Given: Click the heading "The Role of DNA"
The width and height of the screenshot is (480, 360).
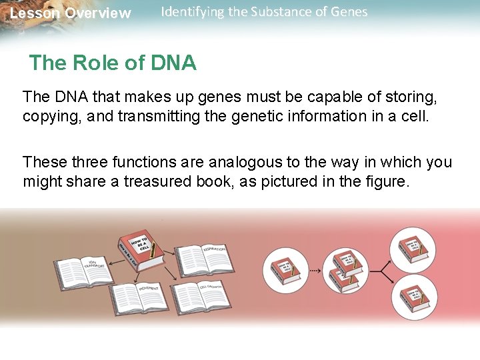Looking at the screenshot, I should [113, 63].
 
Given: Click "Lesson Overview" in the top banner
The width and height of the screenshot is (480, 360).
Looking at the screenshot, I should [71, 13].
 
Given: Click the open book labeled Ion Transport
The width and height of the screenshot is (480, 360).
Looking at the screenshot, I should [84, 269].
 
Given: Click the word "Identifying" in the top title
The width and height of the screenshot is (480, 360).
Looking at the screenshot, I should [192, 12].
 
